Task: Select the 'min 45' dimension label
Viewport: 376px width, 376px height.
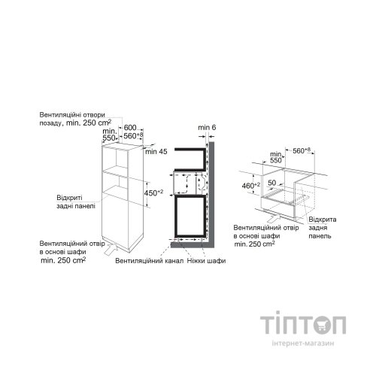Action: pyautogui.click(x=156, y=153)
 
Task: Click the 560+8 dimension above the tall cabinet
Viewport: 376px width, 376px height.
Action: pyautogui.click(x=133, y=137)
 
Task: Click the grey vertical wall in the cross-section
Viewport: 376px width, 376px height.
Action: pyautogui.click(x=213, y=196)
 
